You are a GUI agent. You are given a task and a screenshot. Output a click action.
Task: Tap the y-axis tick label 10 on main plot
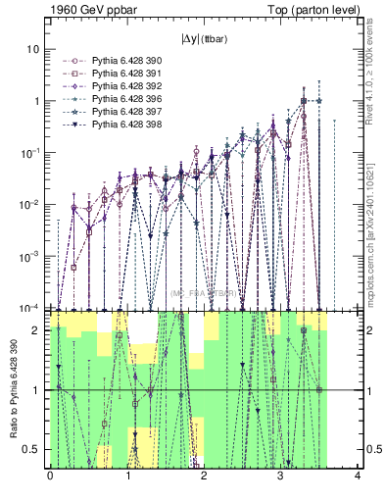pyautogui.click(x=34, y=49)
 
